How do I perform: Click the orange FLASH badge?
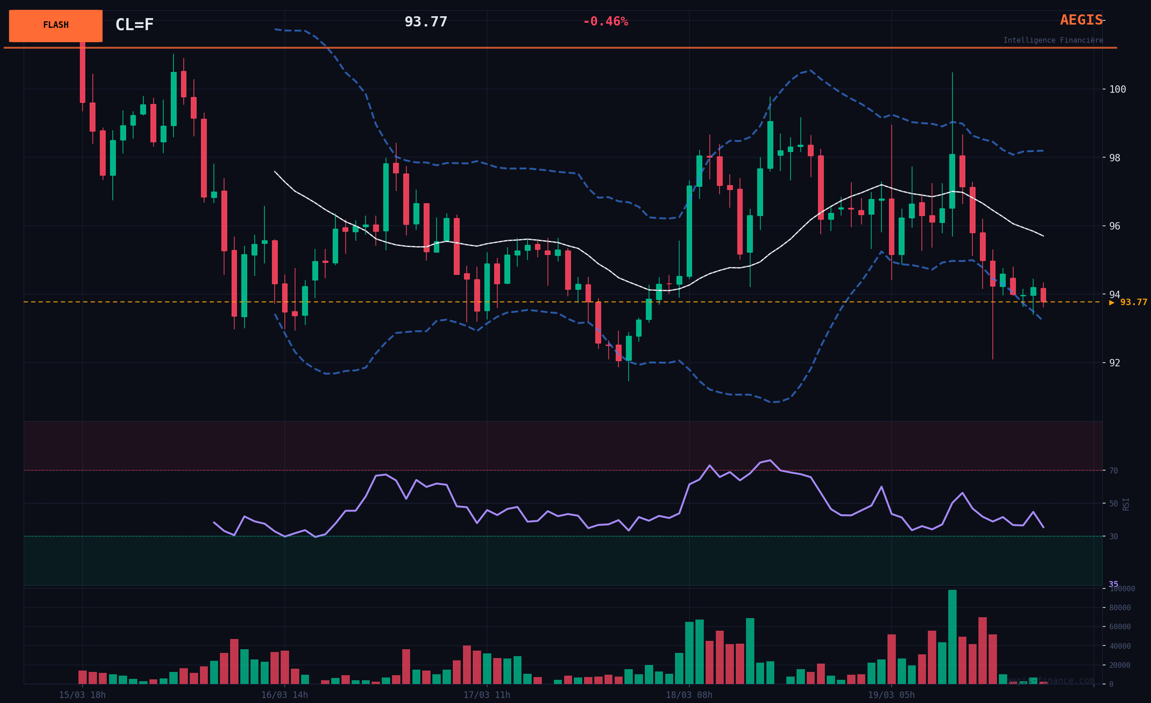click(56, 26)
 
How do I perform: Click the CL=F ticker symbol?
click(134, 25)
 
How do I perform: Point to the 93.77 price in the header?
click(425, 22)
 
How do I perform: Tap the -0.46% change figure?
click(605, 22)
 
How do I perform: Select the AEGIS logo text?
click(1081, 20)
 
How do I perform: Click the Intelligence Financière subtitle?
click(1053, 41)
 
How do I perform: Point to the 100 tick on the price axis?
click(1118, 89)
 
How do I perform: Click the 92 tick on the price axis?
click(1114, 363)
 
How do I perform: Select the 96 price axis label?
click(1114, 226)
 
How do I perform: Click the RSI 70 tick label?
click(1113, 471)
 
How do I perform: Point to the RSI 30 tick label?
click(1113, 537)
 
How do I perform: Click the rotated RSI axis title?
click(1126, 504)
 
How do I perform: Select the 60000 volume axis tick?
click(1120, 627)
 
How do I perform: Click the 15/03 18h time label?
click(82, 695)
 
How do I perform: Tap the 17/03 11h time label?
click(487, 695)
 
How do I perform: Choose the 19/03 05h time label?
click(891, 695)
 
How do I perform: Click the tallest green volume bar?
click(952, 637)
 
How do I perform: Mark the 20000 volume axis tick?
click(1120, 665)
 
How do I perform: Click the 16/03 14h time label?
click(284, 695)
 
